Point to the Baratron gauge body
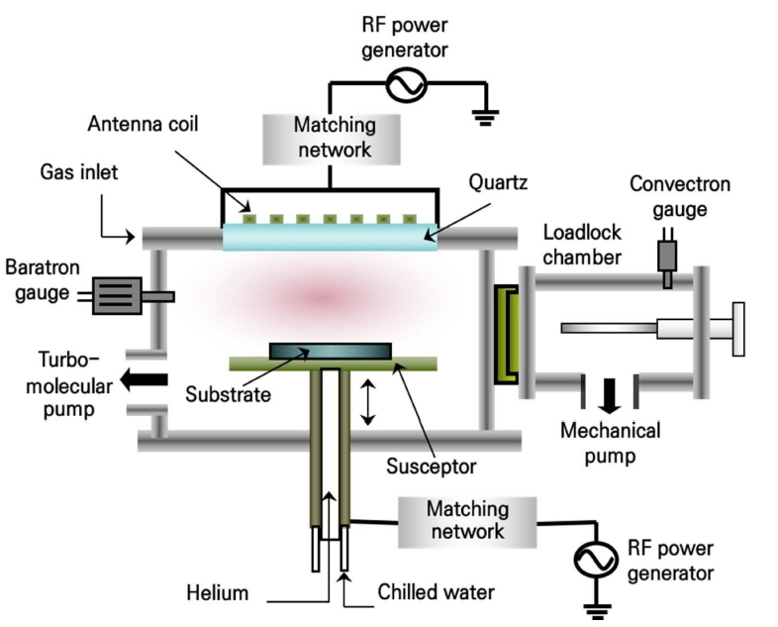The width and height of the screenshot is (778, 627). click(116, 295)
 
